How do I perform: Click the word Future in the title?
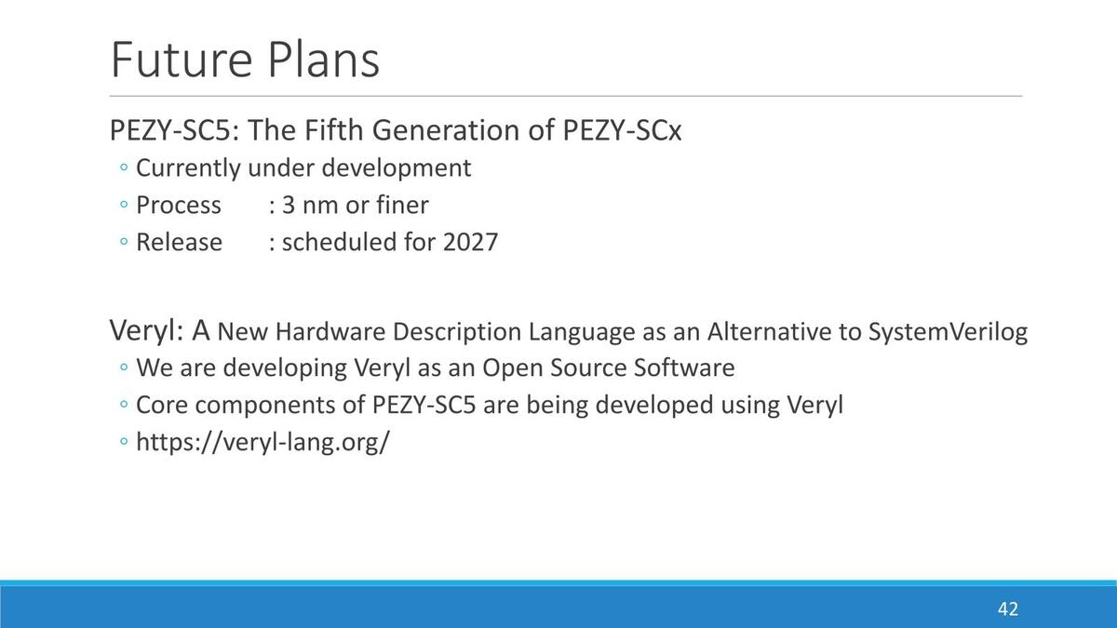tap(181, 60)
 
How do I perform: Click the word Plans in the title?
tap(324, 60)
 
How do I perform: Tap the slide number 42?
tap(1008, 609)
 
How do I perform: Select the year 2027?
tap(470, 242)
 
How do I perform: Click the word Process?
tap(179, 205)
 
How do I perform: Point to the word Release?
tap(179, 242)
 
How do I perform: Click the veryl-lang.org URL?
tap(262, 442)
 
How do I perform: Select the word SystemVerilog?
tap(948, 331)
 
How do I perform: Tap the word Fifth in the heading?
tap(333, 130)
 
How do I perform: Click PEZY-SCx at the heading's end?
tap(622, 130)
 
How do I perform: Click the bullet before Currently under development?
tap(124, 167)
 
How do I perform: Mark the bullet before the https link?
tap(124, 441)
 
